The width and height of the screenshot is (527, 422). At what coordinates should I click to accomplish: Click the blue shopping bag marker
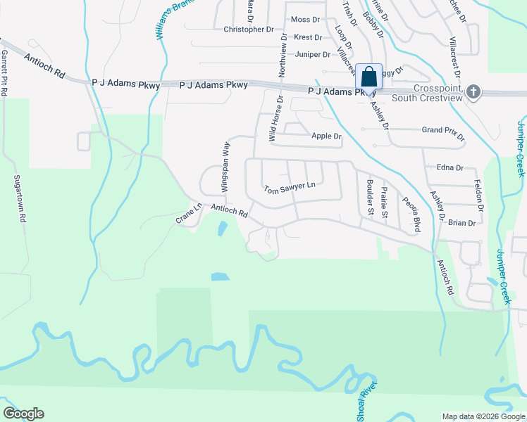coord(368,77)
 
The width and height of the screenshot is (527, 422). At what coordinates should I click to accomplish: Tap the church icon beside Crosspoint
coord(474,91)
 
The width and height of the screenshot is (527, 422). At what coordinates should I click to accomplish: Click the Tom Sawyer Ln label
coord(288,188)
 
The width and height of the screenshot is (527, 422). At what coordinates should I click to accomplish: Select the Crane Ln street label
coord(189,214)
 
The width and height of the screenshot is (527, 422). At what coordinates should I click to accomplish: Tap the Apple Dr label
coord(326,136)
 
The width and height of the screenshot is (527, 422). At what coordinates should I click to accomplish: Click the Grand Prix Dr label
coord(442,130)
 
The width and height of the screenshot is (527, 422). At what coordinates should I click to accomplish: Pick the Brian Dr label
coord(461,223)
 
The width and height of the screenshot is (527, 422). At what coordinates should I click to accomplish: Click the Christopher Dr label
coord(248,30)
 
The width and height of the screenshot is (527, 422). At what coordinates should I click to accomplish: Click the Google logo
coord(23,414)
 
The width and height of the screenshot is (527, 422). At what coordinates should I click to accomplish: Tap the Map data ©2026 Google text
coord(483,416)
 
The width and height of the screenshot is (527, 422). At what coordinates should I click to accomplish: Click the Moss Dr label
coord(305,20)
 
